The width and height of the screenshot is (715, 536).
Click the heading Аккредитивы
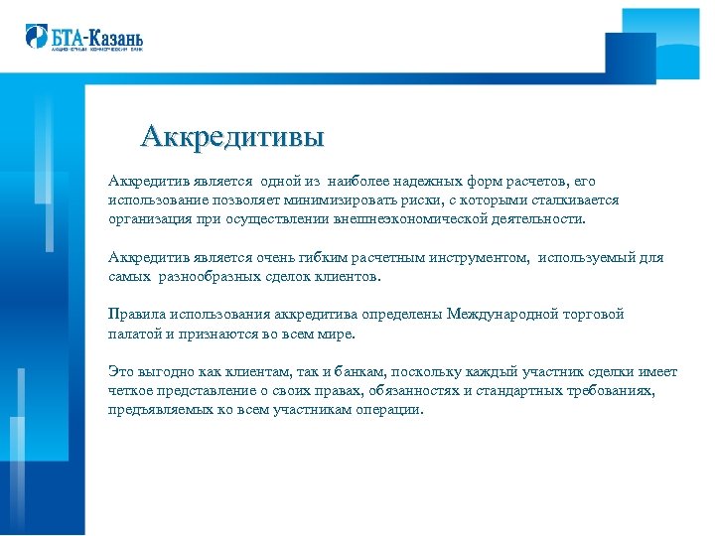pos(232,136)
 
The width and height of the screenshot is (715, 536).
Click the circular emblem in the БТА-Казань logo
pos(36,36)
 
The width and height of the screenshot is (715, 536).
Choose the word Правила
pos(136,315)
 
